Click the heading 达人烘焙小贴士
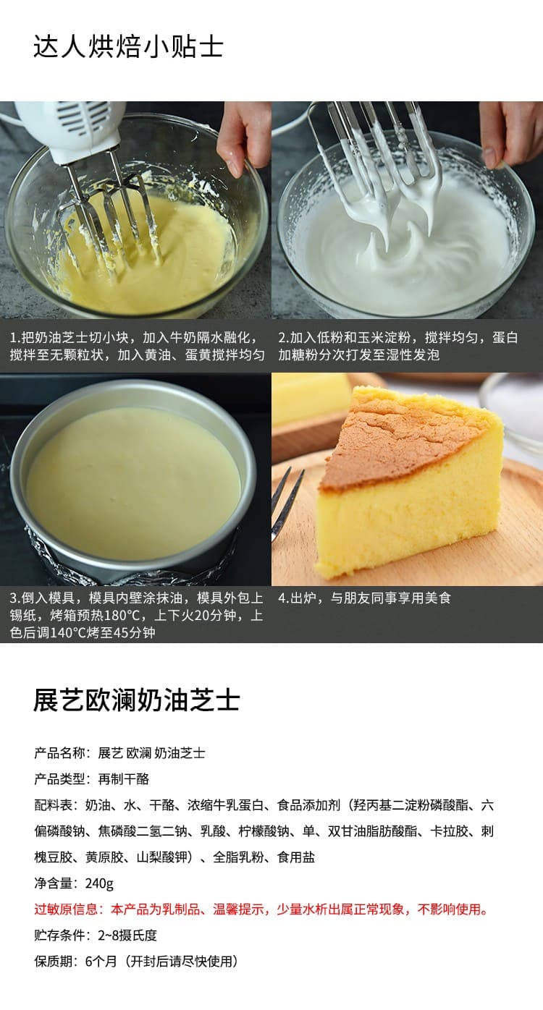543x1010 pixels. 129,47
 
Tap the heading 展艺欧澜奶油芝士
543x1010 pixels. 136,700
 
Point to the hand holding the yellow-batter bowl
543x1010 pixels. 244,137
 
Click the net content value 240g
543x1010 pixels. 99,883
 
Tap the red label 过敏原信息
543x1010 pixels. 66,909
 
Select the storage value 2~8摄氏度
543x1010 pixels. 127,935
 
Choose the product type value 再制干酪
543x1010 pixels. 123,778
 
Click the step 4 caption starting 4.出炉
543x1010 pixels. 365,598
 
